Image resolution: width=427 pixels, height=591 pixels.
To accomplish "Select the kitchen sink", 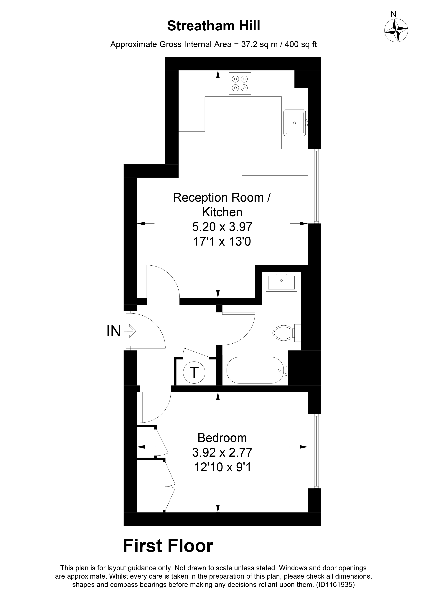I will (x=295, y=123).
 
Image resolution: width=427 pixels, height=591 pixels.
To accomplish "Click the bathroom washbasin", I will (x=281, y=282).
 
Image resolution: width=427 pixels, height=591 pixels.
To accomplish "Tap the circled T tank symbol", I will (x=194, y=373).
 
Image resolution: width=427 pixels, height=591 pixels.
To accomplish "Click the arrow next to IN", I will (x=130, y=331).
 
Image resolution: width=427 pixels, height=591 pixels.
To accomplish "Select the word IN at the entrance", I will (x=114, y=332).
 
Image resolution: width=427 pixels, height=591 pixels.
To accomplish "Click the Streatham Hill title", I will (x=214, y=26).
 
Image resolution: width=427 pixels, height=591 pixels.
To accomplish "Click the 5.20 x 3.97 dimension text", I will (x=222, y=227).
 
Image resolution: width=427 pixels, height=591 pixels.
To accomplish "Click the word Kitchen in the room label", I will (x=222, y=212).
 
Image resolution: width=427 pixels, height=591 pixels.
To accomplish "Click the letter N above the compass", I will (x=393, y=14).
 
